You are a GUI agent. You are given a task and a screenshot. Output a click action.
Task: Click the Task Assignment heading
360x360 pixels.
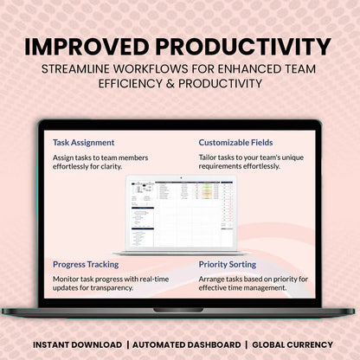click(83, 142)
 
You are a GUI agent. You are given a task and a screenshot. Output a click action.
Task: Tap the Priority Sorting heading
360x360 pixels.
click(232, 264)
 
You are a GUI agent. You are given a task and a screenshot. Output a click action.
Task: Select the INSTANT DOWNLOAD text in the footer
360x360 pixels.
click(74, 344)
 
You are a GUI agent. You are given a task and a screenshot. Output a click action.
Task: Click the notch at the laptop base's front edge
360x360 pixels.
click(179, 309)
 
